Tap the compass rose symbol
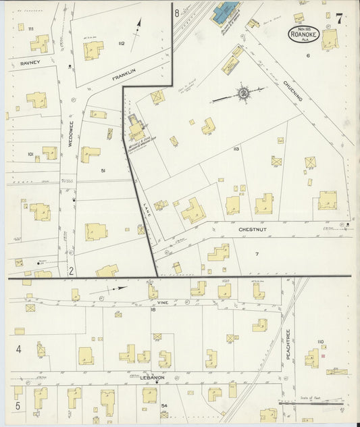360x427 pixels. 243,92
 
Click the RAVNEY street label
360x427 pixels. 31,62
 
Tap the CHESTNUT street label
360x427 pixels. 253,230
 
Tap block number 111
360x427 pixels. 30,28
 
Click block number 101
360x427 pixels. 30,155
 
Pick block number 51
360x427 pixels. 103,171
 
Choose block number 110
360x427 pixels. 320,342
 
